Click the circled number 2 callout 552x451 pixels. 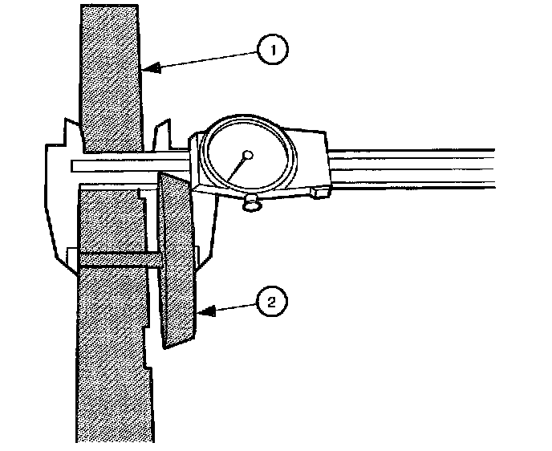pos(271,302)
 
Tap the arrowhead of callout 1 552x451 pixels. pos(150,70)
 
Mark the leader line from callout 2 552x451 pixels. pos(233,306)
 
